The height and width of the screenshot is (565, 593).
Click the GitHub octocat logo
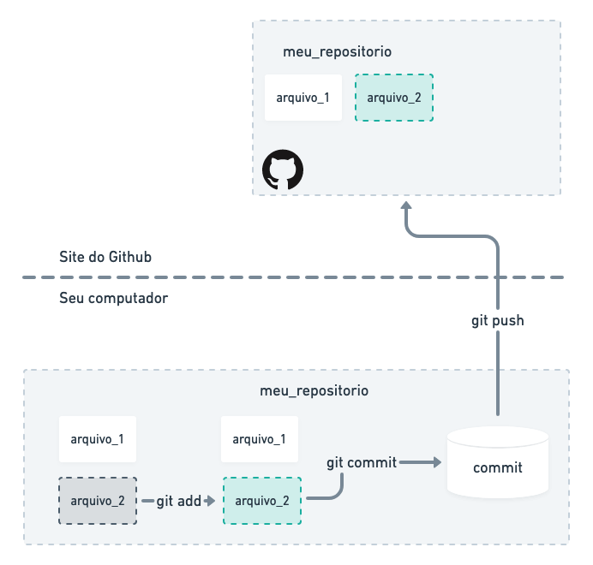[x=283, y=170]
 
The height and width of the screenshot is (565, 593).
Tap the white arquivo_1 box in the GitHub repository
[x=303, y=97]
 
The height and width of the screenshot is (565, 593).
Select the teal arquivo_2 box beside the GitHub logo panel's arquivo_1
[x=394, y=97]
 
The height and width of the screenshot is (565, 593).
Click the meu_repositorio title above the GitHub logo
[x=337, y=51]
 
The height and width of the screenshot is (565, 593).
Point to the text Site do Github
[x=106, y=257]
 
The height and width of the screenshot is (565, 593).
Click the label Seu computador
[x=114, y=299]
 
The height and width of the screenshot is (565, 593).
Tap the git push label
[x=497, y=321]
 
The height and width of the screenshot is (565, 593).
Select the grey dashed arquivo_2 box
[x=97, y=500]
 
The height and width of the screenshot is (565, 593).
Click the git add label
[x=178, y=501]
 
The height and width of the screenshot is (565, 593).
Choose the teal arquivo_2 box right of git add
[x=261, y=501]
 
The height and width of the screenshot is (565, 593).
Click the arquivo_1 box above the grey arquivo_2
[x=97, y=440]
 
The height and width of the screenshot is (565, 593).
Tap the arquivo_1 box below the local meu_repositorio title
[x=259, y=439]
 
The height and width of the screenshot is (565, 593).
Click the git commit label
[x=362, y=462]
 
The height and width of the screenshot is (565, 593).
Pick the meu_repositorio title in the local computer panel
[x=314, y=390]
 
